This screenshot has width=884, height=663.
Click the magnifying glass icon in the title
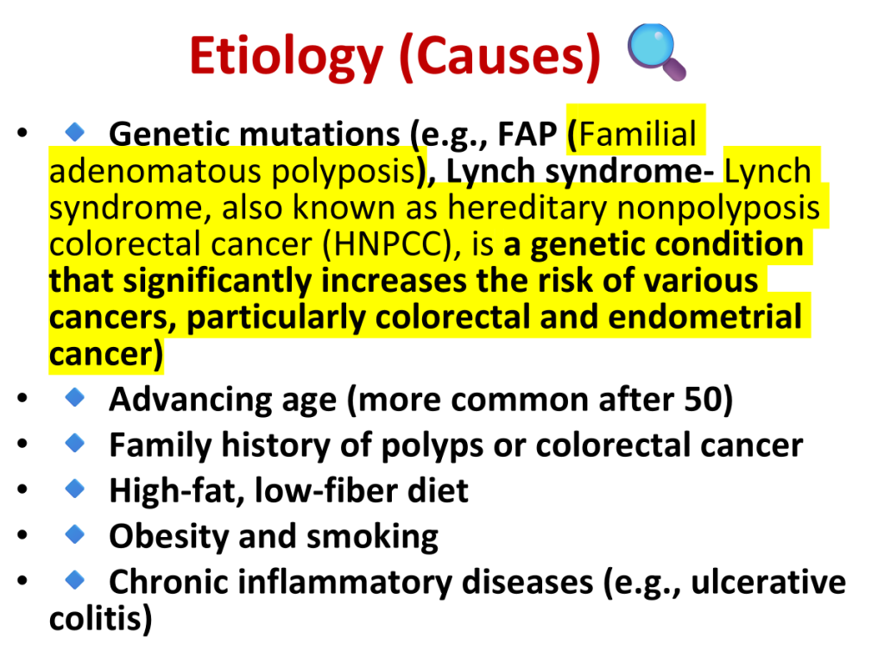point(656,52)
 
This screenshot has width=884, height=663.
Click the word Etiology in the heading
point(287,56)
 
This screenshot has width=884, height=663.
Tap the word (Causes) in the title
point(500,56)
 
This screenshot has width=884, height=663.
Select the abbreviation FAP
point(527,134)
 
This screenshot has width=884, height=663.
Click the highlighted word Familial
point(638,134)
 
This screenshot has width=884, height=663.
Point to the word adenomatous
point(155,172)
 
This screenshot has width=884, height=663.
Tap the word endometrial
point(704,317)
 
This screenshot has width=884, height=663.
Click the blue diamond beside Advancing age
point(74,397)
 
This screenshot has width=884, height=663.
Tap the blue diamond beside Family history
point(74,443)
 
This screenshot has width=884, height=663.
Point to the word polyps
point(433,446)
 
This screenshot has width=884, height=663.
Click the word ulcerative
point(768,582)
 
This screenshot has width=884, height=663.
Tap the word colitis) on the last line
point(100,618)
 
